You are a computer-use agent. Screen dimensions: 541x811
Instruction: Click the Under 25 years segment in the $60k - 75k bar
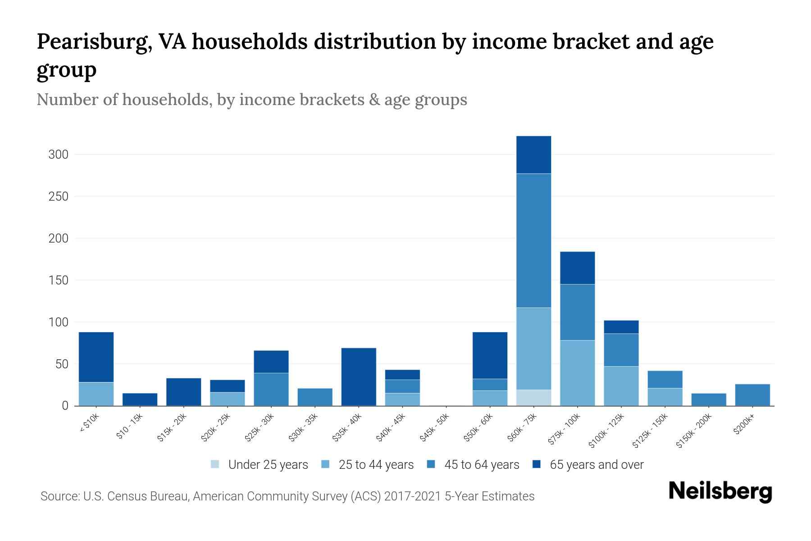(x=533, y=398)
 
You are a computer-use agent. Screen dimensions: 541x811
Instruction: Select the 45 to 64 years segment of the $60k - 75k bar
(x=533, y=240)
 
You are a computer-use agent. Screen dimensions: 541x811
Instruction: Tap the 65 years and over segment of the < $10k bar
(x=96, y=357)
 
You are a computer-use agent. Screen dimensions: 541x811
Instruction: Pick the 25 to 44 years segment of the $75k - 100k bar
(x=577, y=373)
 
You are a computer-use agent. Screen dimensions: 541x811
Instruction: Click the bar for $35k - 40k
(x=359, y=377)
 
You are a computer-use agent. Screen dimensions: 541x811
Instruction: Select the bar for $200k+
(x=752, y=395)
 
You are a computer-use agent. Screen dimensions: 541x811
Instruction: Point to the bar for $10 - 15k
(x=140, y=399)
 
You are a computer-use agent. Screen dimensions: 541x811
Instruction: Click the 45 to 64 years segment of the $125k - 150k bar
(x=665, y=380)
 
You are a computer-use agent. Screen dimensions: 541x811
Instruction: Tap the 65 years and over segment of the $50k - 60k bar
(x=490, y=355)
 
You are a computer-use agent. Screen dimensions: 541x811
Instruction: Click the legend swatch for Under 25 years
(x=215, y=464)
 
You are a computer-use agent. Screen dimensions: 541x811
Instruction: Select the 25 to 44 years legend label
(x=376, y=464)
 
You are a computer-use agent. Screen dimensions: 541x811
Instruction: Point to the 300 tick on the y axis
(x=58, y=155)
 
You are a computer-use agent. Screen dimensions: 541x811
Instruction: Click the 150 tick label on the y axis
(x=58, y=280)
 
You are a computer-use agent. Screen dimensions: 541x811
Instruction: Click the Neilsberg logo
(x=720, y=491)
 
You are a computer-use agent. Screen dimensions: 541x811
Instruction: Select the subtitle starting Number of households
(x=251, y=100)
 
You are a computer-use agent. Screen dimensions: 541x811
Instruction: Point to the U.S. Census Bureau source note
(x=287, y=496)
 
